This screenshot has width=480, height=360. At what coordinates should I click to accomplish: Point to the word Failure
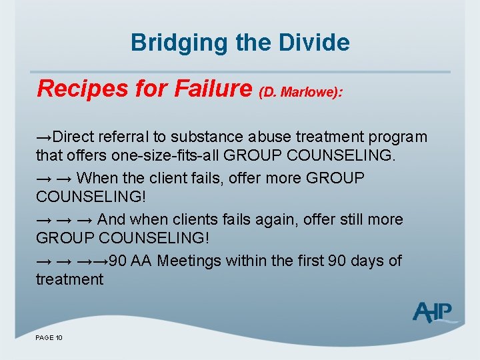tap(208, 88)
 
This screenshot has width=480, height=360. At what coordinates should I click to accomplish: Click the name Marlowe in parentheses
tap(309, 92)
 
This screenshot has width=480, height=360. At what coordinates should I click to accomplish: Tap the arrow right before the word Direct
tap(44, 137)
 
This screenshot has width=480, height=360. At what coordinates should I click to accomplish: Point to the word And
tap(111, 219)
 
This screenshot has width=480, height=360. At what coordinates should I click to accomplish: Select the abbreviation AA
tap(141, 260)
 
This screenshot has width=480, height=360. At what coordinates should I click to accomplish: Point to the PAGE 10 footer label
tap(49, 339)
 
